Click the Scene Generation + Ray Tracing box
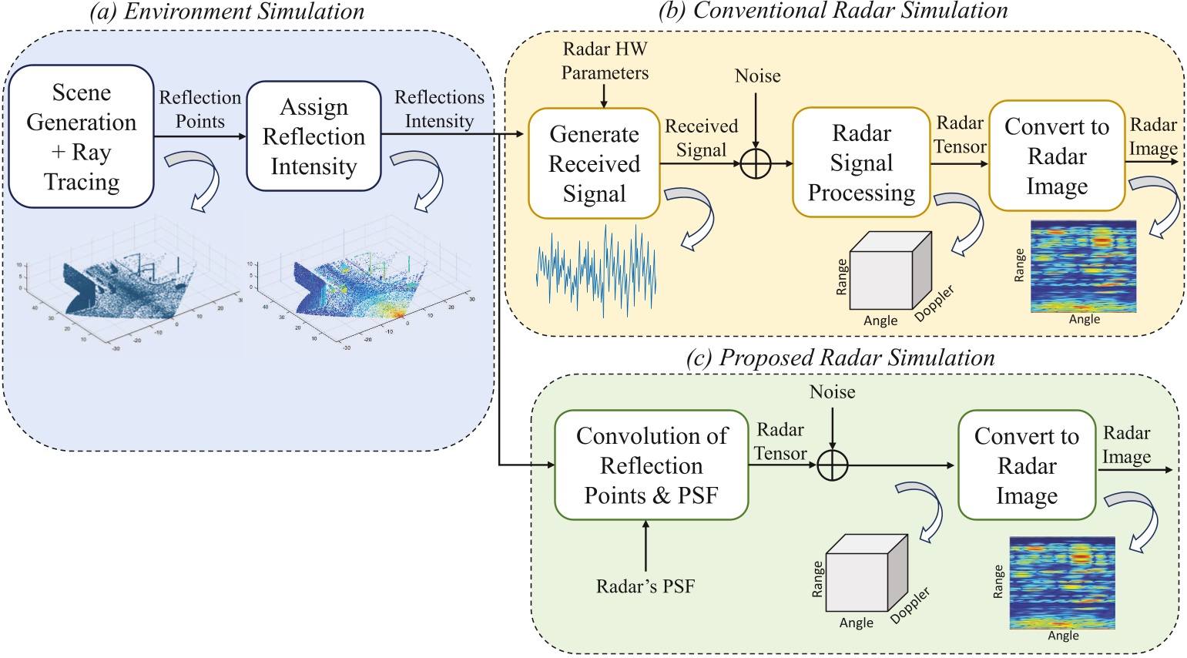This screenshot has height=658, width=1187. point(81,136)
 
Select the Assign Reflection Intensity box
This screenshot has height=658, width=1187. point(314,136)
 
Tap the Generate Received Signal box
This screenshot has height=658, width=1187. point(594,164)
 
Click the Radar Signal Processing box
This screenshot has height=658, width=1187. point(861,163)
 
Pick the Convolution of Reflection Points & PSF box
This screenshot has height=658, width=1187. point(651,465)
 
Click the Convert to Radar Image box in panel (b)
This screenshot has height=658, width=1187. point(1056,156)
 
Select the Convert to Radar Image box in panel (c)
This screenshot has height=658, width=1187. point(1026,465)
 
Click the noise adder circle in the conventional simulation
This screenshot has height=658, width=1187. point(756,163)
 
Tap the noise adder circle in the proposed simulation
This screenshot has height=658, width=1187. point(832,465)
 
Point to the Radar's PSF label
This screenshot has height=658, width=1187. point(645,587)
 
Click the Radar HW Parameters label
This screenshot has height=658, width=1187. point(605,61)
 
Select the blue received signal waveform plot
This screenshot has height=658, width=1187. point(596,271)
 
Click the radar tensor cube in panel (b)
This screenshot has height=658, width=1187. point(890,271)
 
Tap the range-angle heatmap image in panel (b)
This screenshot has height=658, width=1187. point(1083,266)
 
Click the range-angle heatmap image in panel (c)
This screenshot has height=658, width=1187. point(1061,583)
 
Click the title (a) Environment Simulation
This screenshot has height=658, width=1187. point(226,12)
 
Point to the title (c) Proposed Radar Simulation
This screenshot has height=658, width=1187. point(840,358)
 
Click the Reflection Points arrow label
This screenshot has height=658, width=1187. point(200,109)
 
